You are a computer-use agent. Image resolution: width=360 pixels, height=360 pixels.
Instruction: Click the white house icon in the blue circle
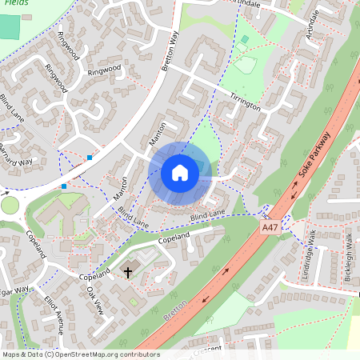point(180,172)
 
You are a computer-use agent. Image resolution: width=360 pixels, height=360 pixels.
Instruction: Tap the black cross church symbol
point(128,273)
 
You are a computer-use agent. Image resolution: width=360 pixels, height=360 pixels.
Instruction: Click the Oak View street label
point(94,300)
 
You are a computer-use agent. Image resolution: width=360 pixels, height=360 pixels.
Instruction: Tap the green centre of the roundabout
point(10,205)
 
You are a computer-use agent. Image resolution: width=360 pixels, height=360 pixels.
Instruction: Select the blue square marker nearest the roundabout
point(64,186)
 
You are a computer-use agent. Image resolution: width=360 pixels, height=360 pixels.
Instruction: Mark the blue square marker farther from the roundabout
point(90,158)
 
